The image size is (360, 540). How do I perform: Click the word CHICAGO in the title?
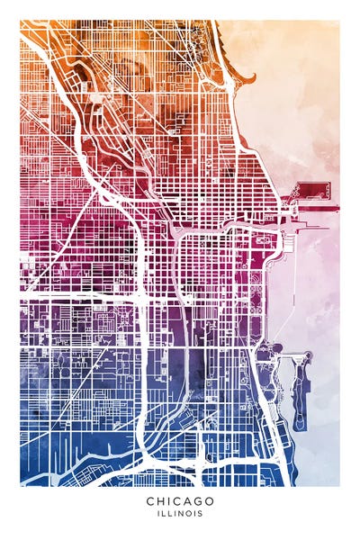pyautogui.click(x=179, y=501)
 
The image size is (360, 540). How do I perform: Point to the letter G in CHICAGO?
pyautogui.click(x=201, y=501)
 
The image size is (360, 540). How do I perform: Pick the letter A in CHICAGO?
pyautogui.click(x=189, y=501)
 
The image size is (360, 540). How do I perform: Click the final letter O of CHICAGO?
pyautogui.click(x=211, y=501)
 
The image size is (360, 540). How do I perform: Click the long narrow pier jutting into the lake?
pyautogui.click(x=310, y=206)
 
